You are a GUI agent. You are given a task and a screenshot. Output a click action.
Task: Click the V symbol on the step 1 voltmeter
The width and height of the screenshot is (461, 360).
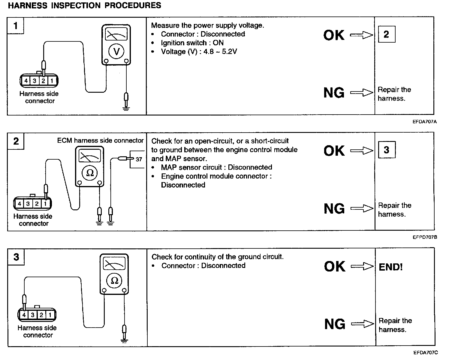(x=116, y=52)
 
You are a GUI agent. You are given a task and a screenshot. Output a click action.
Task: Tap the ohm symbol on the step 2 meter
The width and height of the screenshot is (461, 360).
(x=90, y=173)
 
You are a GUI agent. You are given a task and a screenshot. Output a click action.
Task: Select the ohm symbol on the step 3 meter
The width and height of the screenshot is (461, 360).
(x=114, y=280)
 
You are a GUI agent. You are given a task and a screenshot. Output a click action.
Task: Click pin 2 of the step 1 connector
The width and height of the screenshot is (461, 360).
(x=43, y=81)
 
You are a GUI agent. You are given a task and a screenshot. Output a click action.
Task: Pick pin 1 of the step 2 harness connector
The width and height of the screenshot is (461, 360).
(x=45, y=204)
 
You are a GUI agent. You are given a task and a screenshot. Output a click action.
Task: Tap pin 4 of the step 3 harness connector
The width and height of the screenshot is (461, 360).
(x=24, y=315)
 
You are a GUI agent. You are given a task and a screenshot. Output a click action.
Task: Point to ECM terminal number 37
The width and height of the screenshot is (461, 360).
(x=139, y=159)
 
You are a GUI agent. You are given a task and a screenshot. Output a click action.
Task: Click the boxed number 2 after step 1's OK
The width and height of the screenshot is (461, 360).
(x=386, y=34)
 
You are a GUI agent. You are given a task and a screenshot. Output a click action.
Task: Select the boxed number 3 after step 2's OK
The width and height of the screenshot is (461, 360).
(x=386, y=150)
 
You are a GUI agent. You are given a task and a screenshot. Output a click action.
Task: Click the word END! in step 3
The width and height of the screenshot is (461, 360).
(x=391, y=267)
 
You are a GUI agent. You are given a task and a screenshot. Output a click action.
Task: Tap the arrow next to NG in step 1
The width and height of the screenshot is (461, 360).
(x=362, y=93)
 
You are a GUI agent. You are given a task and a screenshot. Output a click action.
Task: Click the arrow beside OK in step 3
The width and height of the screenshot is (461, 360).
(x=362, y=266)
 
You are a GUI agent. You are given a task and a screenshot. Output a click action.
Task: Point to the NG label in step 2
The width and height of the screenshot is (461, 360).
(x=334, y=208)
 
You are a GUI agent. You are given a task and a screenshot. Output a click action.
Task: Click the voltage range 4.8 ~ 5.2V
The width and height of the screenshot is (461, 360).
(x=220, y=52)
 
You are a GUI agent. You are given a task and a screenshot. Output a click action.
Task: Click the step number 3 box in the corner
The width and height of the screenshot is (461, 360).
(x=16, y=257)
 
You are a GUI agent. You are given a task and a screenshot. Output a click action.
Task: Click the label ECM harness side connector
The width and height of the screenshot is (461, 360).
(x=100, y=140)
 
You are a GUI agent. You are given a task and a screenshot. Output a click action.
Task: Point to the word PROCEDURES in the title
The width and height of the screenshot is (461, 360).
(x=133, y=5)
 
